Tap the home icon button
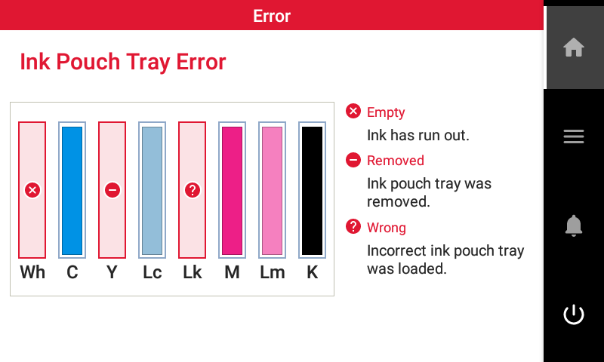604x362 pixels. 574,47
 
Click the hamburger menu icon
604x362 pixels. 574,137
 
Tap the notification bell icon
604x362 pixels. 574,225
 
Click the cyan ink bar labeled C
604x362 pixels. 72,190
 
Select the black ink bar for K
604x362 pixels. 312,190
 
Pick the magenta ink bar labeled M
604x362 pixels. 232,190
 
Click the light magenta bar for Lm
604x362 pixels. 272,190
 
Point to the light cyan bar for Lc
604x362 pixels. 153,190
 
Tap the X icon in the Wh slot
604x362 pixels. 32,190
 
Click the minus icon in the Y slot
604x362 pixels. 112,190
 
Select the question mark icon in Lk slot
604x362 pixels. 193,190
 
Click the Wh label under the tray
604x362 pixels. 32,272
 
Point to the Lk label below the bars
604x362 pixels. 193,272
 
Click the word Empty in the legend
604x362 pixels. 386,112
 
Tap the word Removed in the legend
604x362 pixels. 396,161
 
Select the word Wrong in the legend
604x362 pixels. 387,228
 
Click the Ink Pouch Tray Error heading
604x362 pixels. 123,62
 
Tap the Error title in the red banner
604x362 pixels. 272,16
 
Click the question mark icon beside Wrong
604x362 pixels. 353,226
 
